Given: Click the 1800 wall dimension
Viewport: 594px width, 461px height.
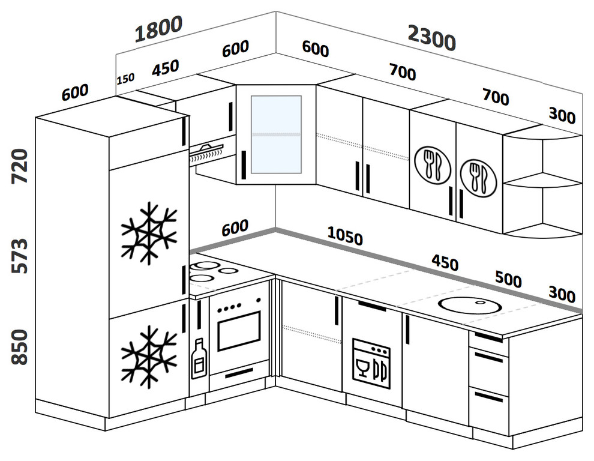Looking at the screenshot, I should click(158, 29).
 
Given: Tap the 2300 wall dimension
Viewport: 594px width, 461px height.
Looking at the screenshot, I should click(431, 40).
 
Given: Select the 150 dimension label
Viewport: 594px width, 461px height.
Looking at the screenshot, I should click(126, 78).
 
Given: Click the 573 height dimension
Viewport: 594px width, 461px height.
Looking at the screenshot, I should click(19, 256).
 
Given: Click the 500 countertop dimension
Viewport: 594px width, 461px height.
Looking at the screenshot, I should click(508, 280).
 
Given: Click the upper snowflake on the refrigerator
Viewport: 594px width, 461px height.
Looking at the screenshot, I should click(148, 234).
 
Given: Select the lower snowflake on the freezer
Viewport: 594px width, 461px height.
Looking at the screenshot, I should click(148, 357).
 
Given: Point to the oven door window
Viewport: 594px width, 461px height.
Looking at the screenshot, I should click(238, 331).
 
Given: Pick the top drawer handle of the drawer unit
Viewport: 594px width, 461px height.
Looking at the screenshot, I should click(488, 337).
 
